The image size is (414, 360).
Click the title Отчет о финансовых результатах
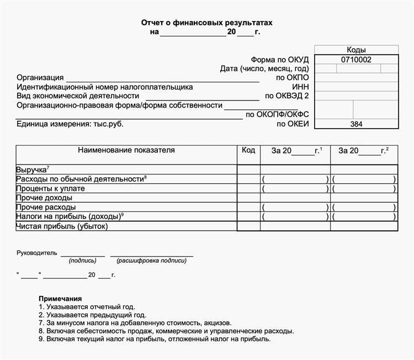[x=207, y=23]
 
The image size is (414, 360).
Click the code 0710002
[x=356, y=59]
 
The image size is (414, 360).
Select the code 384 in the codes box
[x=356, y=124]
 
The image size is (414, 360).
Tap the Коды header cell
[x=356, y=50]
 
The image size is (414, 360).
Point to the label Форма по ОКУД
[x=280, y=59]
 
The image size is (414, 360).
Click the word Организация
[x=40, y=78]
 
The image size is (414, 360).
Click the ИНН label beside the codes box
[x=301, y=87]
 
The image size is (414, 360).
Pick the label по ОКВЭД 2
[x=287, y=96]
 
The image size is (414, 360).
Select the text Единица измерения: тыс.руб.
[x=70, y=124]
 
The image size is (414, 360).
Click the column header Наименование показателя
[x=126, y=150]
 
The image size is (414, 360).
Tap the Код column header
[x=248, y=150]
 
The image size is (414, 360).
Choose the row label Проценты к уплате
[x=51, y=188]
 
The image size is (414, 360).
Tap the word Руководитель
[x=37, y=253]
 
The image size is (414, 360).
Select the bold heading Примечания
[x=60, y=299]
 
